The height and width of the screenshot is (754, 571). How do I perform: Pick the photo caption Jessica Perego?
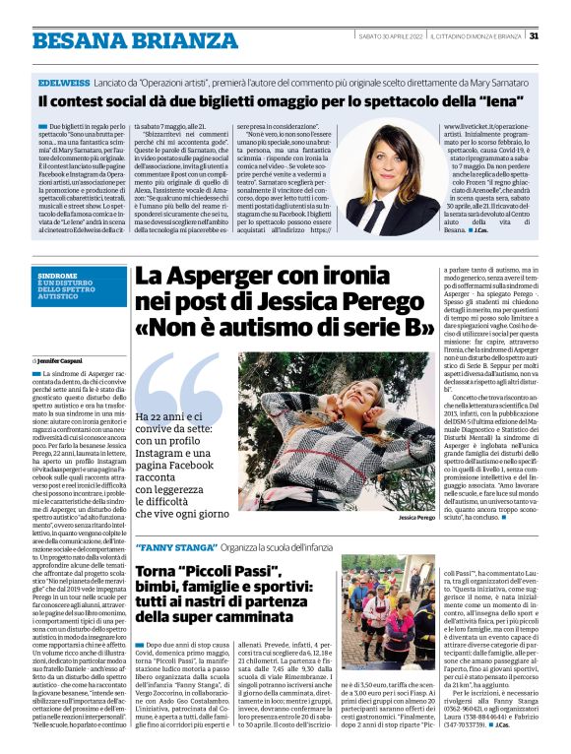[416, 517]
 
